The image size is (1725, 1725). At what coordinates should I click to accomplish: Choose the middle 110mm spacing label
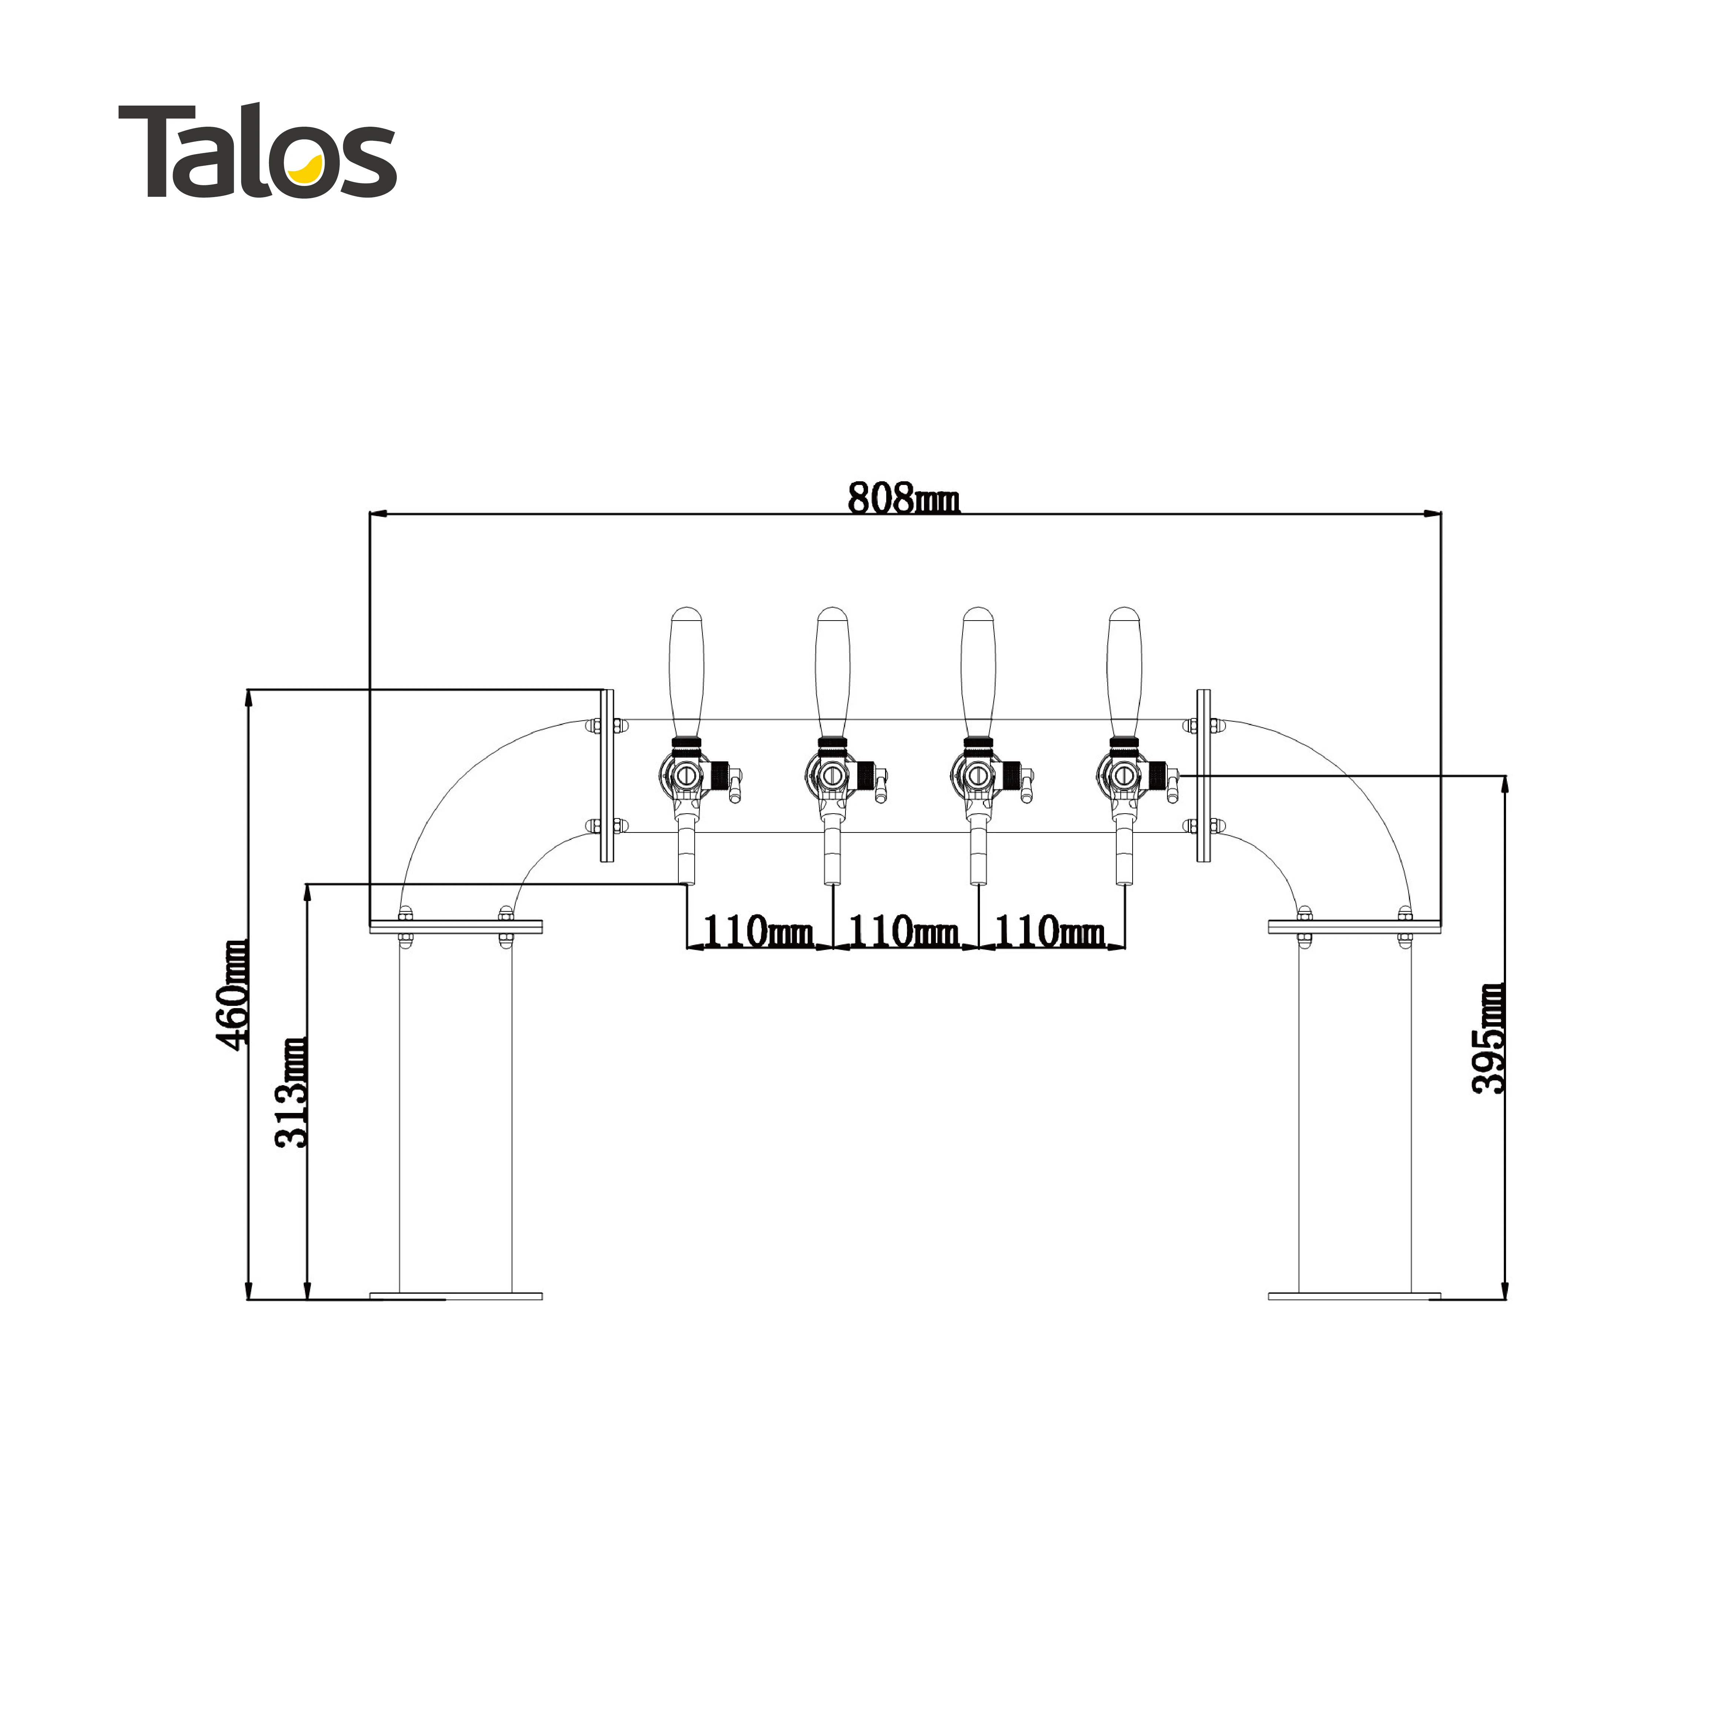click(x=904, y=931)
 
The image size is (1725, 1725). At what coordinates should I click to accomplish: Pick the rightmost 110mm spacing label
click(x=1050, y=931)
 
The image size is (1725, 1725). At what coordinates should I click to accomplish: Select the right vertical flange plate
click(x=1204, y=775)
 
